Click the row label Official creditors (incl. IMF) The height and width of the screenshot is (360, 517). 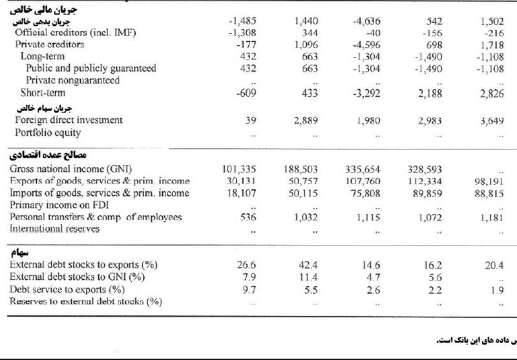click(75, 32)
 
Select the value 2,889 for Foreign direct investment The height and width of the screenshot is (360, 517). click(306, 121)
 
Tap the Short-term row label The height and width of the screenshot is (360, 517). click(43, 92)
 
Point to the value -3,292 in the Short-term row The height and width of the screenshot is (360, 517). click(366, 93)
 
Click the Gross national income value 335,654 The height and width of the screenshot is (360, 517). click(363, 169)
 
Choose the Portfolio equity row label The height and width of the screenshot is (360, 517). click(48, 132)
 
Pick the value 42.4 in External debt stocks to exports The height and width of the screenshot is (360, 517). click(309, 265)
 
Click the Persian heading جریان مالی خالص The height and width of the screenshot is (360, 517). click(43, 10)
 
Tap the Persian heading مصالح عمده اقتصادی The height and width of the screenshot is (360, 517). click(48, 155)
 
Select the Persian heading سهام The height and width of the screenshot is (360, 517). click(20, 253)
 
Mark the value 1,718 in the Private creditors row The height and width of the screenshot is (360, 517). click(492, 45)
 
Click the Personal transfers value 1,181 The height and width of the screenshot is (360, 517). click(492, 218)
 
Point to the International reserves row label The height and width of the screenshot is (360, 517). click(54, 228)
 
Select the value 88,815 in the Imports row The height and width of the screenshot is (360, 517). click(489, 193)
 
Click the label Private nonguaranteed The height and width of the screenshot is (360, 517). click(73, 80)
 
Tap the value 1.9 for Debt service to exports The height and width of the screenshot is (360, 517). click(497, 290)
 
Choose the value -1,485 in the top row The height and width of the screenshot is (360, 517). click(242, 21)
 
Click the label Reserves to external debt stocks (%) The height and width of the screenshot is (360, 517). click(86, 301)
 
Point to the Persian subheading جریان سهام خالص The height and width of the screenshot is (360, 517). click(44, 108)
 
